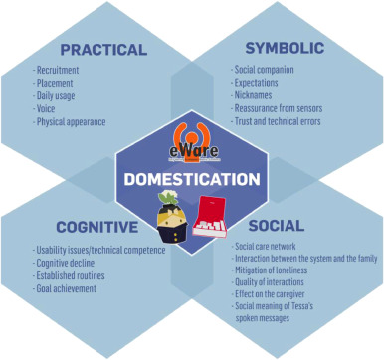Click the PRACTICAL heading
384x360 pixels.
102,49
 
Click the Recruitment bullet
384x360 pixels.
61,71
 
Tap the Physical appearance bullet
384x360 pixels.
72,122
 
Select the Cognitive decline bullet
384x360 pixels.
70,263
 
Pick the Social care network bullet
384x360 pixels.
267,244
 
